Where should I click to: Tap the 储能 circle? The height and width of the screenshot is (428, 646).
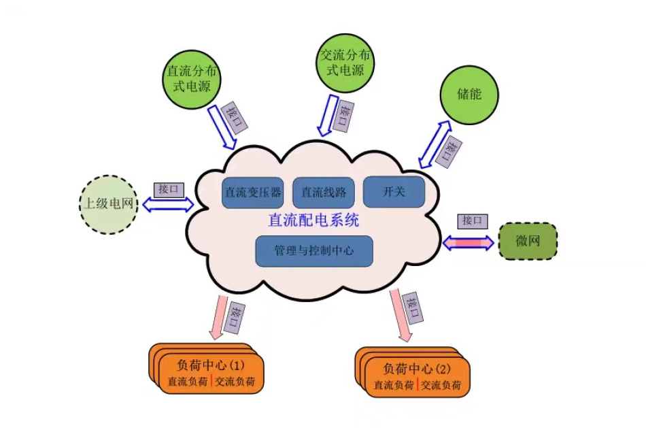coord(469,94)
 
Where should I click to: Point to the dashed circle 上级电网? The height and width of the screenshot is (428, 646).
coord(109,203)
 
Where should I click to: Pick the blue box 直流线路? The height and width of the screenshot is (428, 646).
coord(324,193)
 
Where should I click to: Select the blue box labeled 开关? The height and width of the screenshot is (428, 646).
coord(394,192)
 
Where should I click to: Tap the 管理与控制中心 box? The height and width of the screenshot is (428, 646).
coord(313,250)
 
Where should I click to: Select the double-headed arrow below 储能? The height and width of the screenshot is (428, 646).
coord(435,144)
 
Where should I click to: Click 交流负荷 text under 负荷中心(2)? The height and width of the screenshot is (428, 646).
coord(441,385)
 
